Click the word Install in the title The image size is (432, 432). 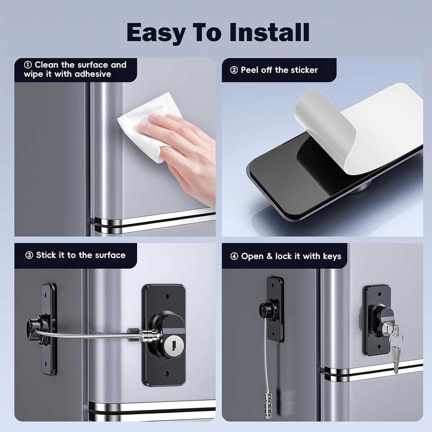269,32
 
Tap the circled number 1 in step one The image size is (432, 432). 28,65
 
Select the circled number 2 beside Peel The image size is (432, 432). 234,70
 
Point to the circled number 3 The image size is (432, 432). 29,255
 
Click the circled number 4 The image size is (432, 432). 234,256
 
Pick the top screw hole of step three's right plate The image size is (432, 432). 166,297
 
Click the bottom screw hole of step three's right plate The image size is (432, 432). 167,373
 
